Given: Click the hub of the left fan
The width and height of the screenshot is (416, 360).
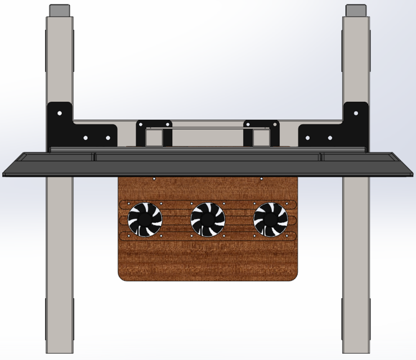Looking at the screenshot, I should pos(145,219).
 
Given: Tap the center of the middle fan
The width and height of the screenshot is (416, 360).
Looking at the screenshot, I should pos(208,219).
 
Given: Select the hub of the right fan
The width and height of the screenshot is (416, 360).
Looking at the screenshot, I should pos(271,219).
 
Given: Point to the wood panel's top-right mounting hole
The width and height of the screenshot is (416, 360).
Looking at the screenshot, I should pos(262,179).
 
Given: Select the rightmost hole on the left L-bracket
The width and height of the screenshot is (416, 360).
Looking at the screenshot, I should pos(109,137).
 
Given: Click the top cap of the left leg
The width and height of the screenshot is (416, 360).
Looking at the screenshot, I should pos(60,11).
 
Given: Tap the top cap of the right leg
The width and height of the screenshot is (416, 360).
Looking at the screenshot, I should pos(356,11).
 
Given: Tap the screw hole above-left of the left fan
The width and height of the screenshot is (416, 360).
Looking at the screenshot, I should pos(129,204).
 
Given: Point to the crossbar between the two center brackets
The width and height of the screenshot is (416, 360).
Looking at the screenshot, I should pos(208,128).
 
